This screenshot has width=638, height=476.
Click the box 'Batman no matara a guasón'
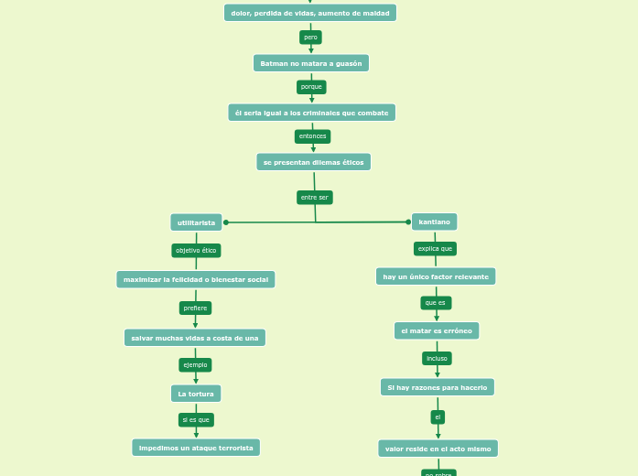[311, 63]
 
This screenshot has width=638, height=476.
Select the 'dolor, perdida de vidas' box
[310, 13]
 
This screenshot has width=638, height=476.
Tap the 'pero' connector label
[310, 38]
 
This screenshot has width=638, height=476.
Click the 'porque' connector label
[311, 87]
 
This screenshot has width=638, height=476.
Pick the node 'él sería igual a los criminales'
[311, 113]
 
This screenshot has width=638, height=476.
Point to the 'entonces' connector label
[312, 136]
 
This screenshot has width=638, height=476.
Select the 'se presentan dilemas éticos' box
[313, 162]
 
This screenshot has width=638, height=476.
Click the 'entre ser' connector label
[314, 198]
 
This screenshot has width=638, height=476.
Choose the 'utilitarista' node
[196, 222]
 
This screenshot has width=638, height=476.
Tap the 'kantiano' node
[434, 222]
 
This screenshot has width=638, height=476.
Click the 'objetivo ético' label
[196, 250]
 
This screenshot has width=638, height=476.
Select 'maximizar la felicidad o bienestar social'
[196, 279]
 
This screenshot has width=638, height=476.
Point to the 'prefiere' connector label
[195, 308]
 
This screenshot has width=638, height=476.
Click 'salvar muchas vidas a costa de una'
[195, 338]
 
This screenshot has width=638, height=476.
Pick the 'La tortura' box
[196, 394]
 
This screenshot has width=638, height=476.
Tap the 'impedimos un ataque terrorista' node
[196, 448]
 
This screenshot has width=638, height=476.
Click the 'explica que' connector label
[435, 248]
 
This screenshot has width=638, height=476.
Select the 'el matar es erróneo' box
[437, 330]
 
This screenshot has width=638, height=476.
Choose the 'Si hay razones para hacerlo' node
[438, 387]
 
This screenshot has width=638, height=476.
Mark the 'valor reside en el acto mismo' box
[438, 449]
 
